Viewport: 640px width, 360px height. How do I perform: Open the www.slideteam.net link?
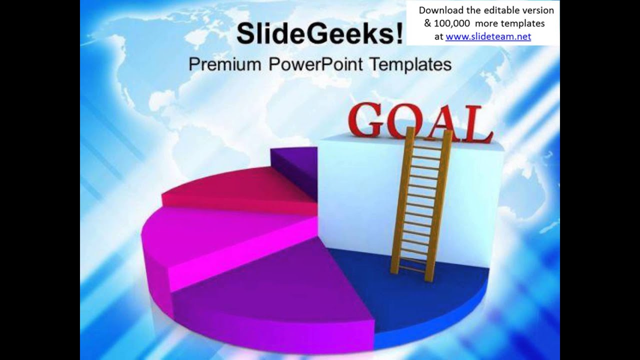pos(488,36)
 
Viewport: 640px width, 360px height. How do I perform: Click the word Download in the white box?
pos(440,10)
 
